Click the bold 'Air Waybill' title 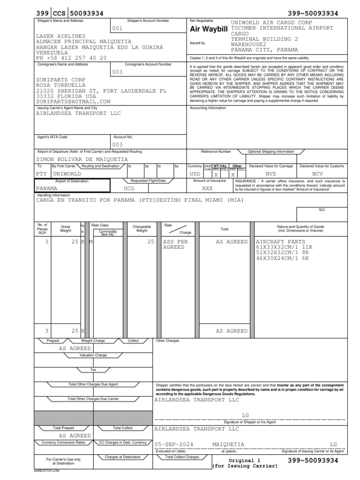click(x=208, y=30)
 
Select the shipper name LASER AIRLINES click(x=61, y=36)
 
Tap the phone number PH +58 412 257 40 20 click(x=71, y=58)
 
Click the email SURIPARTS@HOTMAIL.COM click(x=74, y=101)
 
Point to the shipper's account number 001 click(x=117, y=28)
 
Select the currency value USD click(x=195, y=173)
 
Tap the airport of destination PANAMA click(x=51, y=188)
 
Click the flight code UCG click(x=129, y=188)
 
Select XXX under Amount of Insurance click(x=207, y=188)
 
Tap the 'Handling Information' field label click(x=54, y=195)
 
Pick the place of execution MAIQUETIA click(x=228, y=443)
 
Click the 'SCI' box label click(x=322, y=210)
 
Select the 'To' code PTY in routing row click(x=42, y=173)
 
